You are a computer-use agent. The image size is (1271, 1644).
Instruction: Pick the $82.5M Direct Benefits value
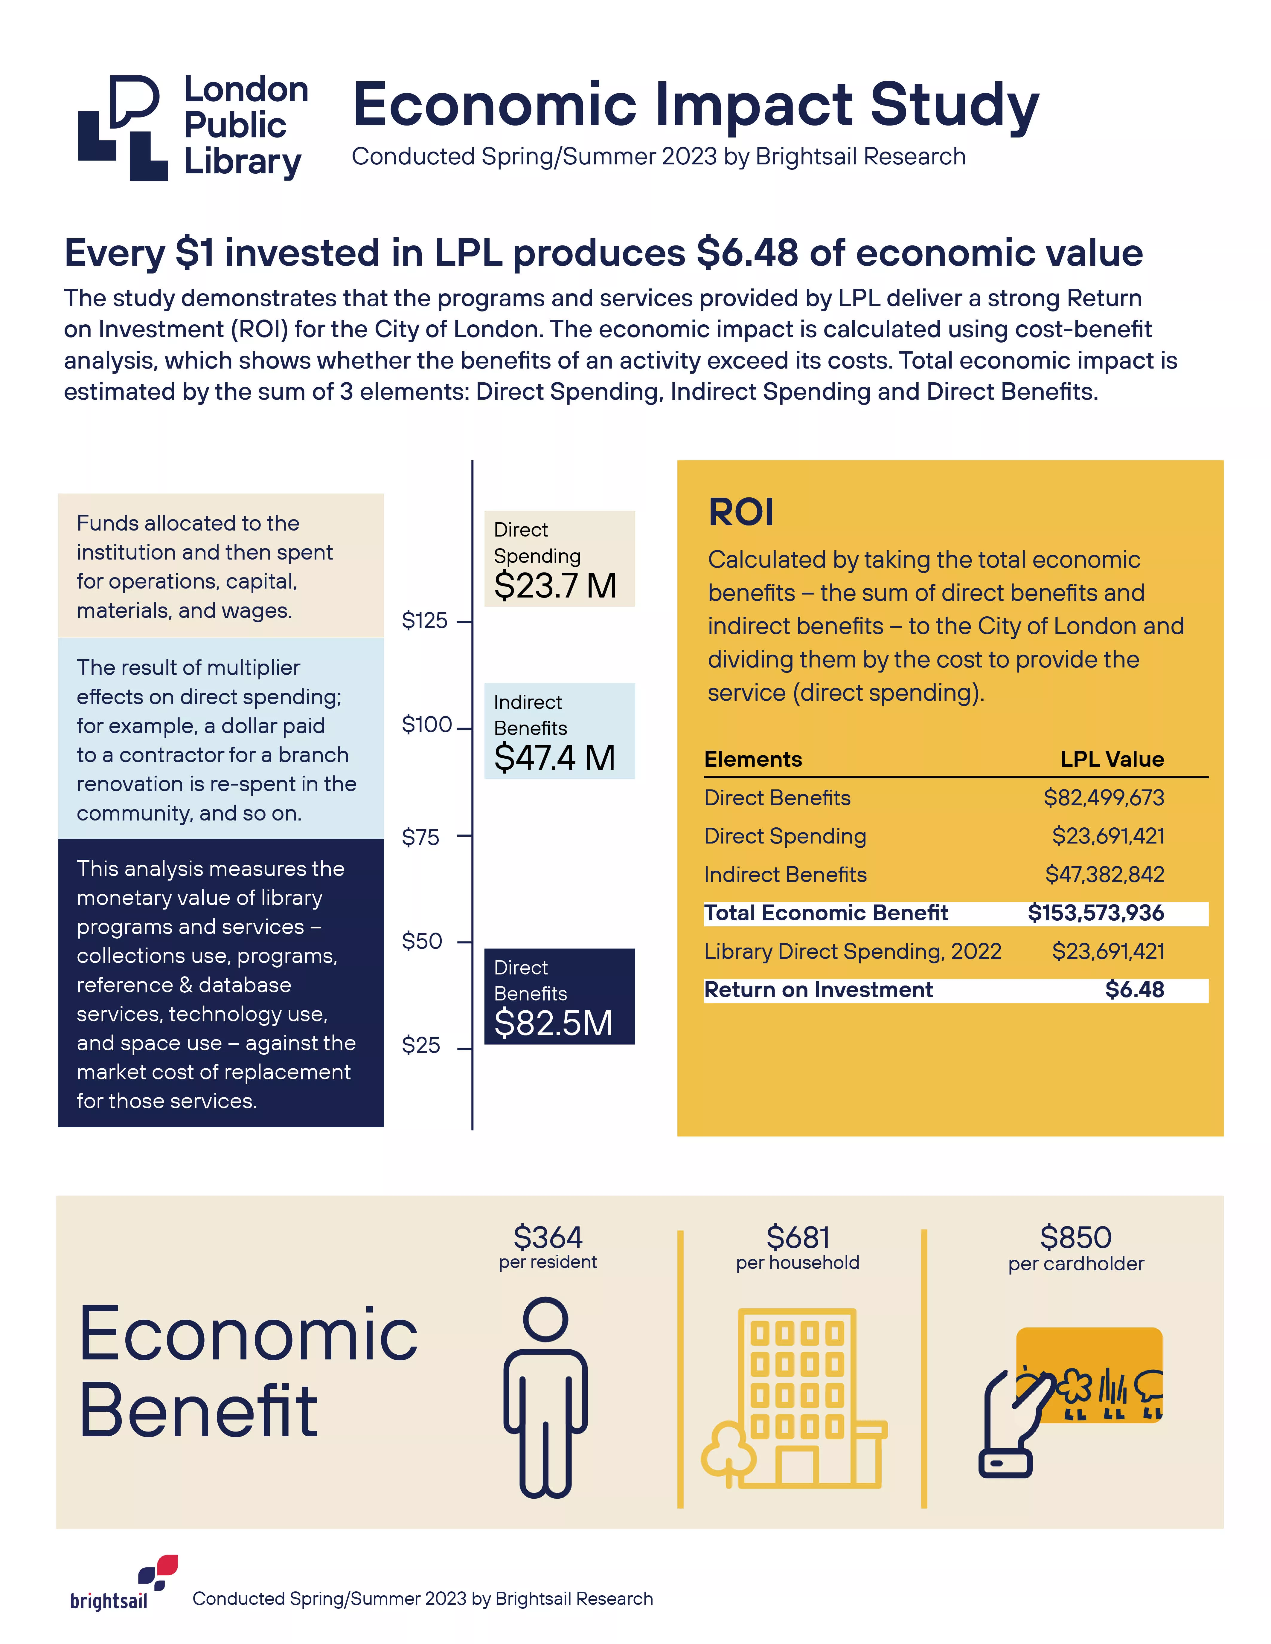pyautogui.click(x=554, y=1023)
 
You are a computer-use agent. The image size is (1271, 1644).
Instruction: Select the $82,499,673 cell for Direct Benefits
pyautogui.click(x=1104, y=798)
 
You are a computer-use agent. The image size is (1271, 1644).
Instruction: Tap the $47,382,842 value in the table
pyautogui.click(x=1105, y=875)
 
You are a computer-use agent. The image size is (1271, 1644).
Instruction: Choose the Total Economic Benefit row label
pyautogui.click(x=826, y=913)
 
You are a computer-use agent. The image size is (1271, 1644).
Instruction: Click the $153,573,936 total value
pyautogui.click(x=1096, y=913)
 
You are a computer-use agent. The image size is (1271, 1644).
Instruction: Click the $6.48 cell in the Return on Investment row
pyautogui.click(x=1135, y=990)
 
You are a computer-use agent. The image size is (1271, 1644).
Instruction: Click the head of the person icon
pyautogui.click(x=545, y=1319)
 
